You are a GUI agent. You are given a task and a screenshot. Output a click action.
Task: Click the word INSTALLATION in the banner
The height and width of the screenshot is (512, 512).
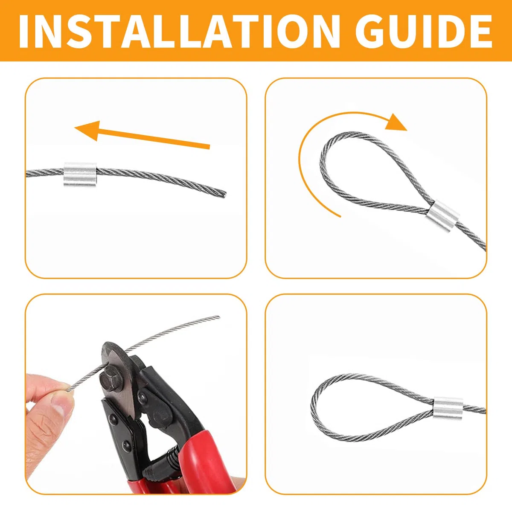[179, 31]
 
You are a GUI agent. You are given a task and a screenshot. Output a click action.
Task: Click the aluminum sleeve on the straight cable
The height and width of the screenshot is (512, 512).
[71, 175]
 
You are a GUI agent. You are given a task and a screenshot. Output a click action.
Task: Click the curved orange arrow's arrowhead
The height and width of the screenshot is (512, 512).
[396, 123]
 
